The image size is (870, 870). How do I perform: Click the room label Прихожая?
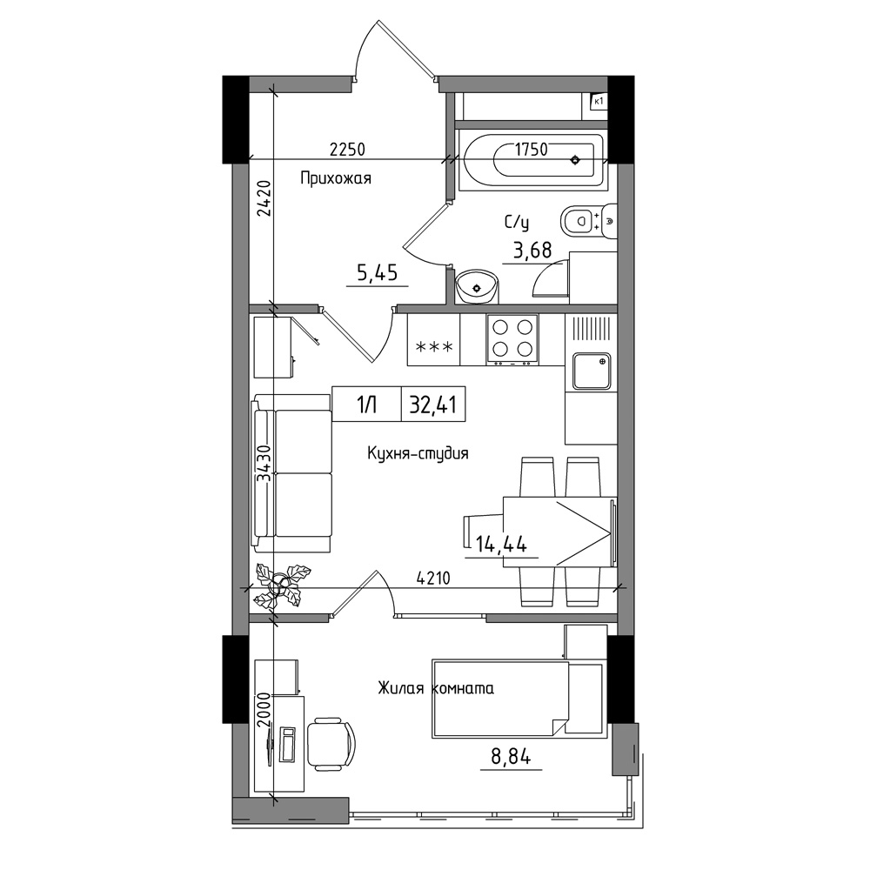335,178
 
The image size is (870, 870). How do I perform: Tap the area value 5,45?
378,273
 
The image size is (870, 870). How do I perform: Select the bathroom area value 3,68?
532,251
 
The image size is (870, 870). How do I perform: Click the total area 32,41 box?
433,405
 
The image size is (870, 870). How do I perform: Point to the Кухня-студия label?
418,453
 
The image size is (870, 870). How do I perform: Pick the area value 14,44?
501,545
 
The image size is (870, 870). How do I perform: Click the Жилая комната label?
436,688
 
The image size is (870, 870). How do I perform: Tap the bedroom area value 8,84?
511,756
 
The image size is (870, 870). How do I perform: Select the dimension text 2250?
347,150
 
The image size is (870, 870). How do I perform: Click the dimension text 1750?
531,150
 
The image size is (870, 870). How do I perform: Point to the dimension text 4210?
433,579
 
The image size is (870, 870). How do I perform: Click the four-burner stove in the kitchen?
512,339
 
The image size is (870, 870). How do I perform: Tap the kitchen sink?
592,371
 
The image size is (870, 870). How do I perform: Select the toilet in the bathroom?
589,221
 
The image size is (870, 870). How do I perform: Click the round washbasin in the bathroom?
476,287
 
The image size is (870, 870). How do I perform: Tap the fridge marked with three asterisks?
434,339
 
